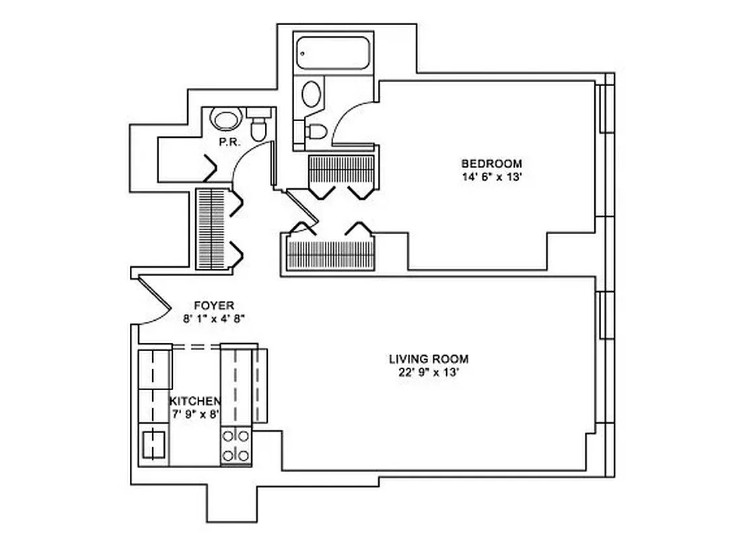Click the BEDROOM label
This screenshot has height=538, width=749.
[x=491, y=163]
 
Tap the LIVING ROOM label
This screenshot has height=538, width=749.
[x=428, y=359]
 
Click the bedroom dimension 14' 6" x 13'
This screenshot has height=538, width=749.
[x=491, y=177]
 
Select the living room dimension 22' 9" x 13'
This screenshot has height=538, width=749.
[x=428, y=373]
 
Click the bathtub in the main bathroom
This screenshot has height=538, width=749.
[x=333, y=52]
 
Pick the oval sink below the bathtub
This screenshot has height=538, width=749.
[x=312, y=94]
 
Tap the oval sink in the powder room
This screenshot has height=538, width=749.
[x=225, y=120]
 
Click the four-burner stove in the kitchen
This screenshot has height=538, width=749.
[x=236, y=445]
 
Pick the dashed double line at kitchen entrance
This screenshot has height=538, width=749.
[x=197, y=346]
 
